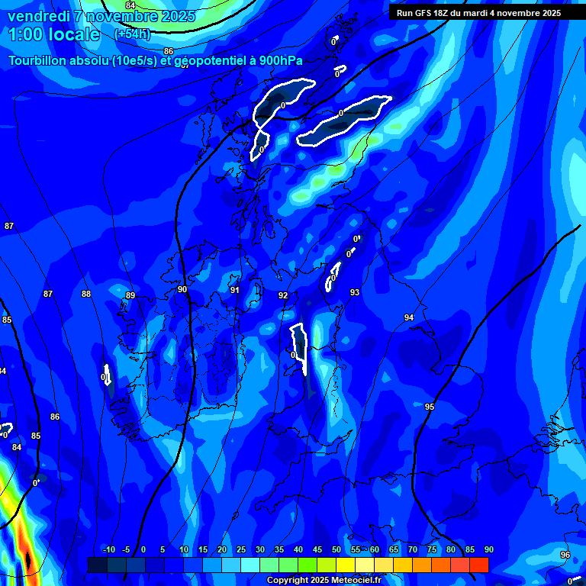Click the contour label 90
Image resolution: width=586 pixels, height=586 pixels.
click(x=182, y=290)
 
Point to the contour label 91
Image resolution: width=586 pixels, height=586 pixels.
click(x=235, y=290)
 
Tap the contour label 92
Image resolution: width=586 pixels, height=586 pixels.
click(x=283, y=295)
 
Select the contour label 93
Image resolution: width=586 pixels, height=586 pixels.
click(x=355, y=292)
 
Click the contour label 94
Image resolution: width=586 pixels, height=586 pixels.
click(x=409, y=317)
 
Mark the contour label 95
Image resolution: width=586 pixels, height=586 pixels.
click(x=430, y=407)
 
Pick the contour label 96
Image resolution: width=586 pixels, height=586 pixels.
click(x=565, y=555)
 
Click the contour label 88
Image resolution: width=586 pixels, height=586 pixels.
click(x=86, y=294)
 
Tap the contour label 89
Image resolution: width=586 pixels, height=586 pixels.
click(x=130, y=296)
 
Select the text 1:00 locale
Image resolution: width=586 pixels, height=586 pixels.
click(x=54, y=34)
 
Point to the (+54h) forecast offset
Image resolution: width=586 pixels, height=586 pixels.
click(x=132, y=34)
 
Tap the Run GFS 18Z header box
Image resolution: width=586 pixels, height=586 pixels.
click(x=478, y=12)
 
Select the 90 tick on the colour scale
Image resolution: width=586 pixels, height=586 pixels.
click(x=488, y=549)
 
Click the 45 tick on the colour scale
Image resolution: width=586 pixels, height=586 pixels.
click(x=317, y=549)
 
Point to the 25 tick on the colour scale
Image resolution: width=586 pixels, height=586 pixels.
click(x=241, y=549)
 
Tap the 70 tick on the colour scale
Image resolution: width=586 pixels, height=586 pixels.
click(x=413, y=549)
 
